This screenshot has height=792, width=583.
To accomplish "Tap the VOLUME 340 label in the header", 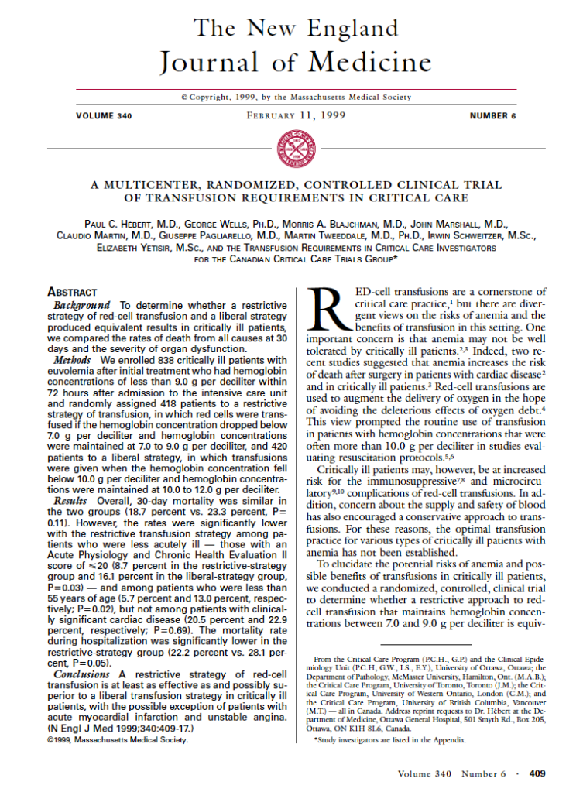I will [x=104, y=116].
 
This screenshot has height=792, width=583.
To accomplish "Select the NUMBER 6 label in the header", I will [x=492, y=116].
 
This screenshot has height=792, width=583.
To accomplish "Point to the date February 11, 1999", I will [x=292, y=116].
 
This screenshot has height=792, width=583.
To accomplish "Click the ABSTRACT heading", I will [x=73, y=293].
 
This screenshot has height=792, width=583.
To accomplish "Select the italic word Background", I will [x=83, y=306].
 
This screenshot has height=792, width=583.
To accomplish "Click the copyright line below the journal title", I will [x=291, y=98].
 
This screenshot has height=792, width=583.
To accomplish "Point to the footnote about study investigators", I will [x=390, y=739].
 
